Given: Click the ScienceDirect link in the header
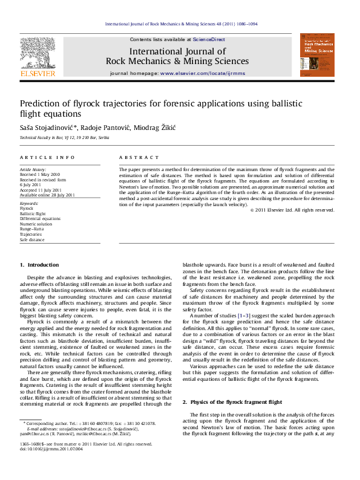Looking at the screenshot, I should [x=193, y=39].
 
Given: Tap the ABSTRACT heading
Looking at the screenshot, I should [x=134, y=157].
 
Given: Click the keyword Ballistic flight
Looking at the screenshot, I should [x=33, y=214].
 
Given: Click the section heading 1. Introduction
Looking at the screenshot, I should [x=39, y=265].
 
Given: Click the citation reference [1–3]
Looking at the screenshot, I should [x=241, y=316].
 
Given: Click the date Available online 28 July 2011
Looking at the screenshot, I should [x=47, y=195].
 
